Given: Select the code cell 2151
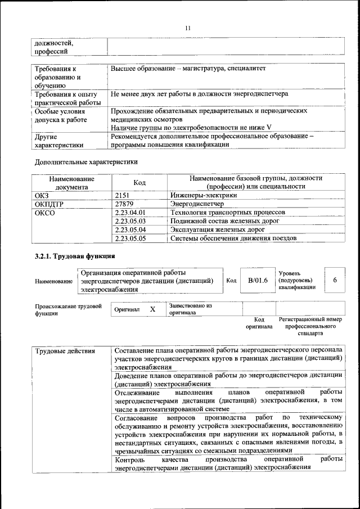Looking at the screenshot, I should pos(123,195).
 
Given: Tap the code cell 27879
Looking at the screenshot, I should pos(125,204).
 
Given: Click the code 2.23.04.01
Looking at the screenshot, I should pos(130,213).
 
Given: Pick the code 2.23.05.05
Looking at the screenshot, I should pos(130,238).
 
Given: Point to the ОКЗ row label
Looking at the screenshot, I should pos(43,195).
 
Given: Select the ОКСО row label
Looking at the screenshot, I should pos(45,213).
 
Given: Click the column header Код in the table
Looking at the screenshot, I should pos(139,183).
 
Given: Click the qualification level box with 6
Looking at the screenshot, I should pos(335,280).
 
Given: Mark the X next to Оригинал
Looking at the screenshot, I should pos(152,309).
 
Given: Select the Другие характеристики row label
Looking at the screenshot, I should pos(59,141).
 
